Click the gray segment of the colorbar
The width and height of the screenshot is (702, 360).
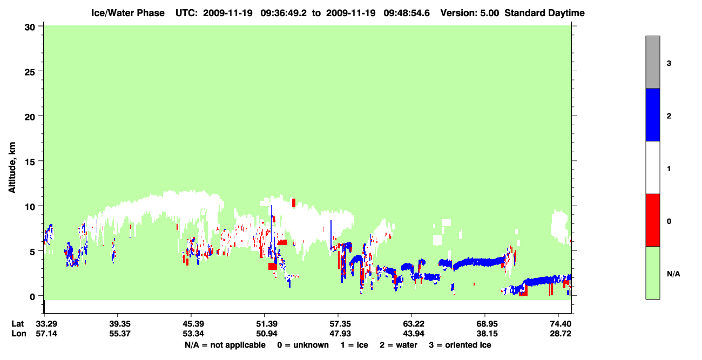click(x=652, y=62)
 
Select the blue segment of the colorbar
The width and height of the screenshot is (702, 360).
click(x=652, y=114)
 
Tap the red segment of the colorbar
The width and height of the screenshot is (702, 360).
click(x=652, y=220)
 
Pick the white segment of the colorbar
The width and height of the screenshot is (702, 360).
click(x=652, y=167)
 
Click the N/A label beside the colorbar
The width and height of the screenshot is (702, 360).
click(x=673, y=274)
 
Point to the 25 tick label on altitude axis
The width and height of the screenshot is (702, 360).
click(x=30, y=72)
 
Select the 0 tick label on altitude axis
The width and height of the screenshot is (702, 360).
click(x=32, y=297)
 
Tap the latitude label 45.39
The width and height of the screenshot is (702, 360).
click(x=193, y=324)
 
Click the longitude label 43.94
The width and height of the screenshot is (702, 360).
click(x=414, y=334)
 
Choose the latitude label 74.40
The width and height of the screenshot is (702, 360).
click(x=561, y=324)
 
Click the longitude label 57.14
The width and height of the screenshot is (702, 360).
click(x=46, y=334)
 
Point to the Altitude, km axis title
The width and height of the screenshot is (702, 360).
click(x=12, y=168)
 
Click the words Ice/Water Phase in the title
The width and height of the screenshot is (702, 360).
click(x=128, y=13)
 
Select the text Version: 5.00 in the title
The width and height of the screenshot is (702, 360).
click(x=469, y=13)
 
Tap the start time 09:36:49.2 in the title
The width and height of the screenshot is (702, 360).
click(x=283, y=13)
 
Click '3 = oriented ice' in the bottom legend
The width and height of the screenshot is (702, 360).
click(x=460, y=345)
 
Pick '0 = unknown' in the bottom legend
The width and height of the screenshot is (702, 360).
click(x=303, y=345)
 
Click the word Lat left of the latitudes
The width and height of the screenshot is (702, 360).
click(x=17, y=324)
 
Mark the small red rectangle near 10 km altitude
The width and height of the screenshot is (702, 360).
click(x=294, y=203)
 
